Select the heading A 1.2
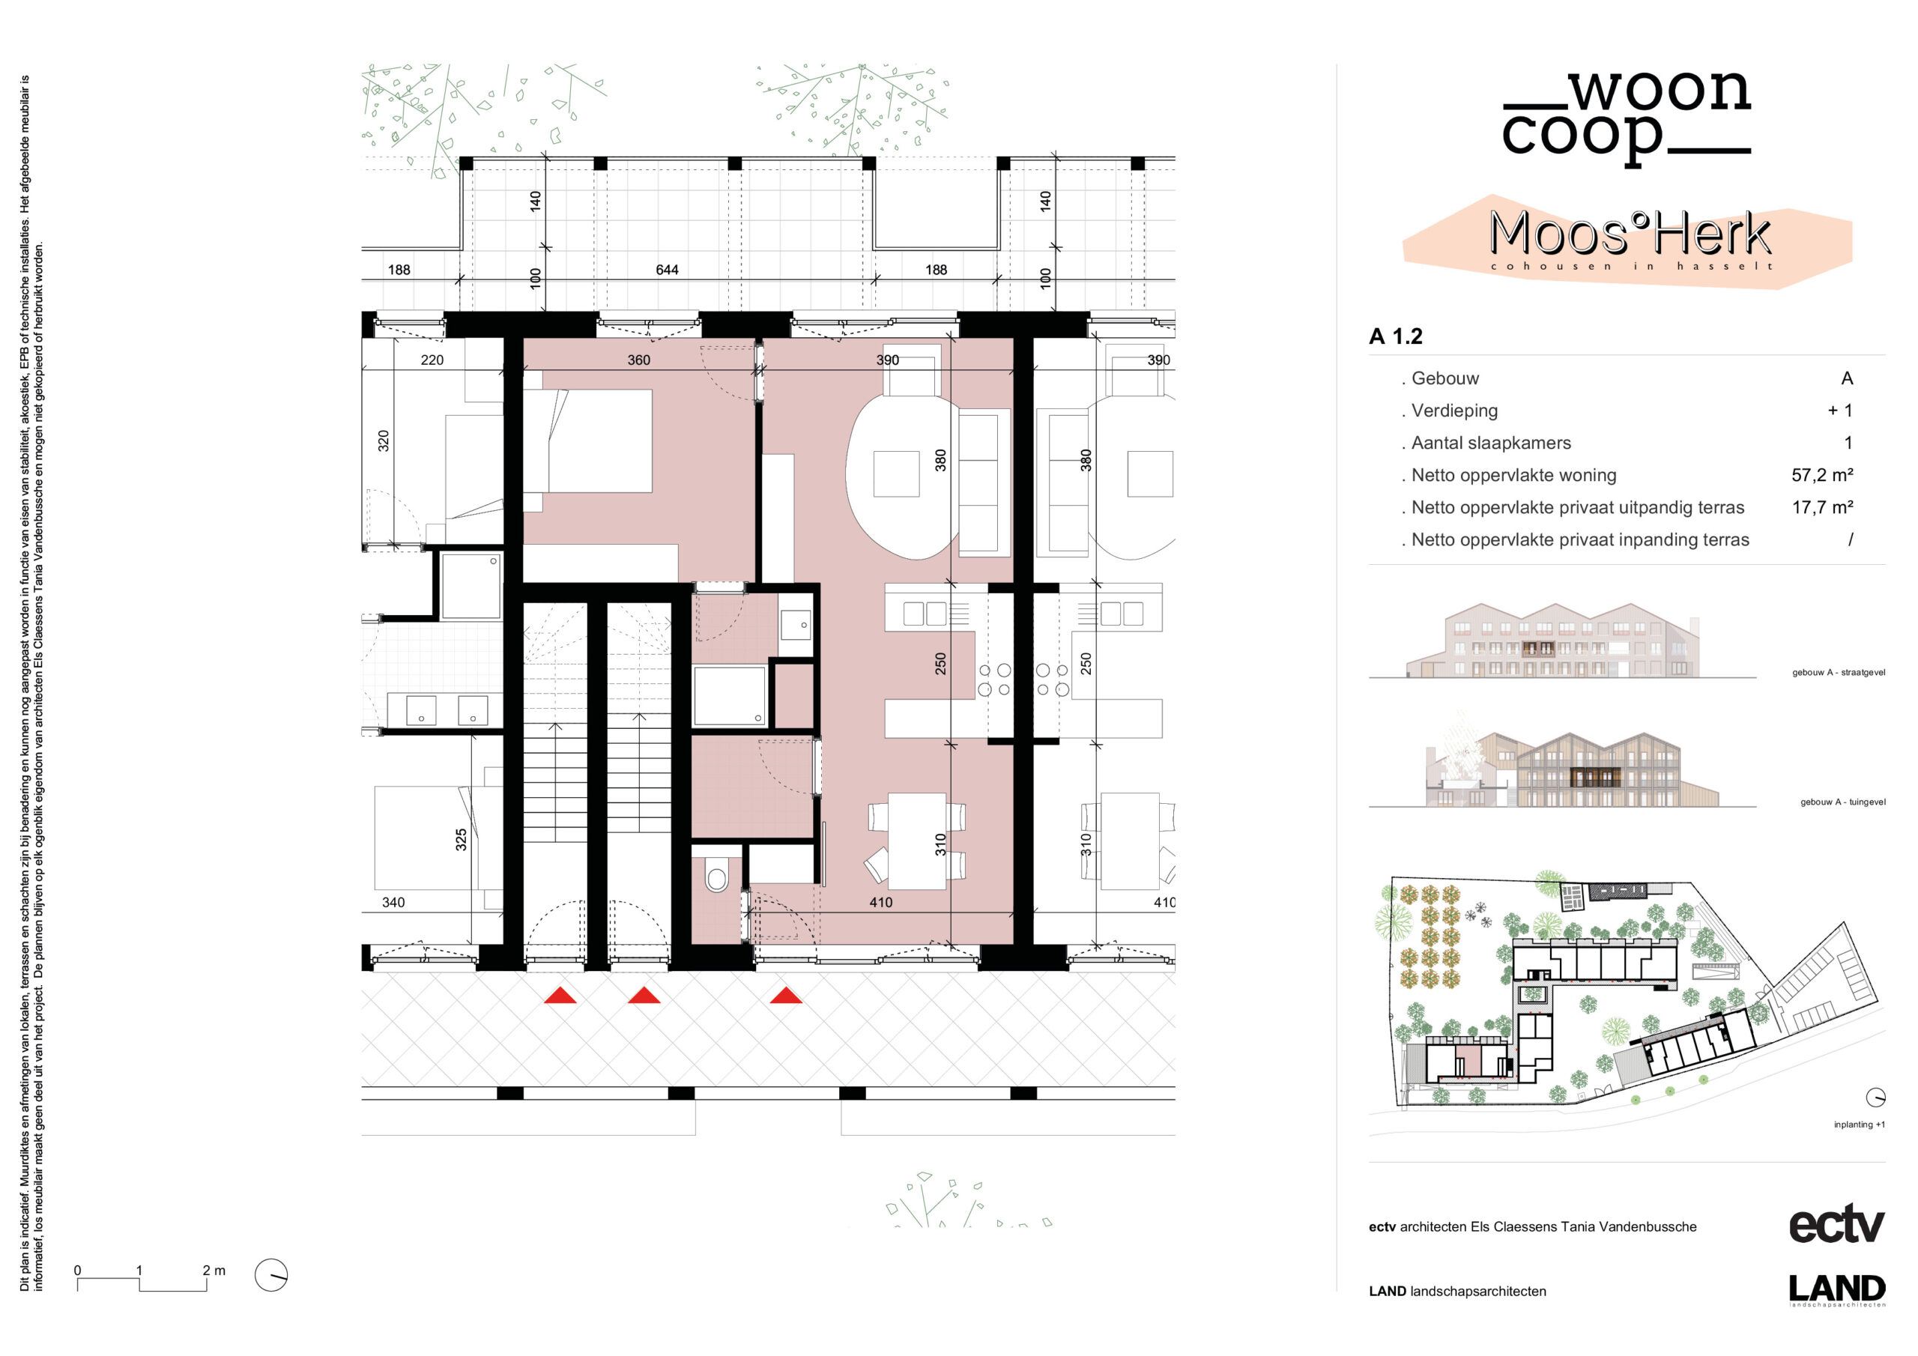1395,336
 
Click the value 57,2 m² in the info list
1822,476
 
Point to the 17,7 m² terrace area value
1822,507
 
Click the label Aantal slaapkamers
1490,443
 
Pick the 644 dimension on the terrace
667,270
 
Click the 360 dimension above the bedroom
638,360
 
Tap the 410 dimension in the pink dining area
880,902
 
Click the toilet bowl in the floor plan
717,877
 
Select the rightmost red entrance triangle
785,995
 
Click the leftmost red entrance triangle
560,995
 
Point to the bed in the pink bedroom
588,441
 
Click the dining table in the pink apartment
917,841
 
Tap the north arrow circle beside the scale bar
270,1275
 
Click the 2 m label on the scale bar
214,1270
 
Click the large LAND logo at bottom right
1837,1289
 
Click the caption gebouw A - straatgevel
1838,673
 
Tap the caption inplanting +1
1859,1125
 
